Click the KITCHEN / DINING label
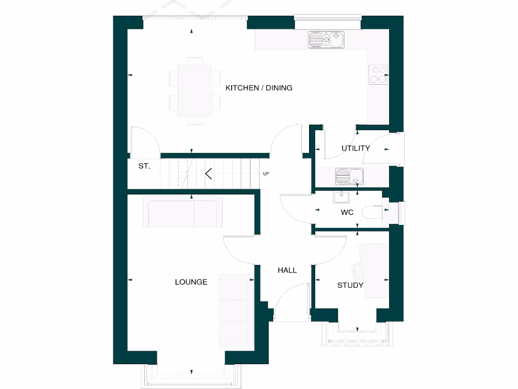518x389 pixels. pos(258,88)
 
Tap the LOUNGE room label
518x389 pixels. pos(191,282)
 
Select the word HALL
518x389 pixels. pos(287,270)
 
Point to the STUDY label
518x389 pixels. pos(350,285)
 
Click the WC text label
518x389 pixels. pos(347,212)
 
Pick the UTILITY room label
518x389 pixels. pos(356,148)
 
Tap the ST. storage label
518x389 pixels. pos(144,166)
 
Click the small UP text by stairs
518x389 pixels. pos(266,174)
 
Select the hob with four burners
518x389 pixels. pos(378,74)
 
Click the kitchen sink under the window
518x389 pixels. pos(326,40)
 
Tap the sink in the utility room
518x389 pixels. pos(350,177)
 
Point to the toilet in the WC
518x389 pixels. pos(374,212)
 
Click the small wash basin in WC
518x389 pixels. pos(341,196)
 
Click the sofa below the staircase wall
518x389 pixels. pos(183,212)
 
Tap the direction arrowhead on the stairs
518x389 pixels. pos(208,174)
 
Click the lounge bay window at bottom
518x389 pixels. pos(191,375)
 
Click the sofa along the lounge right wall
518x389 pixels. pos(235,310)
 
